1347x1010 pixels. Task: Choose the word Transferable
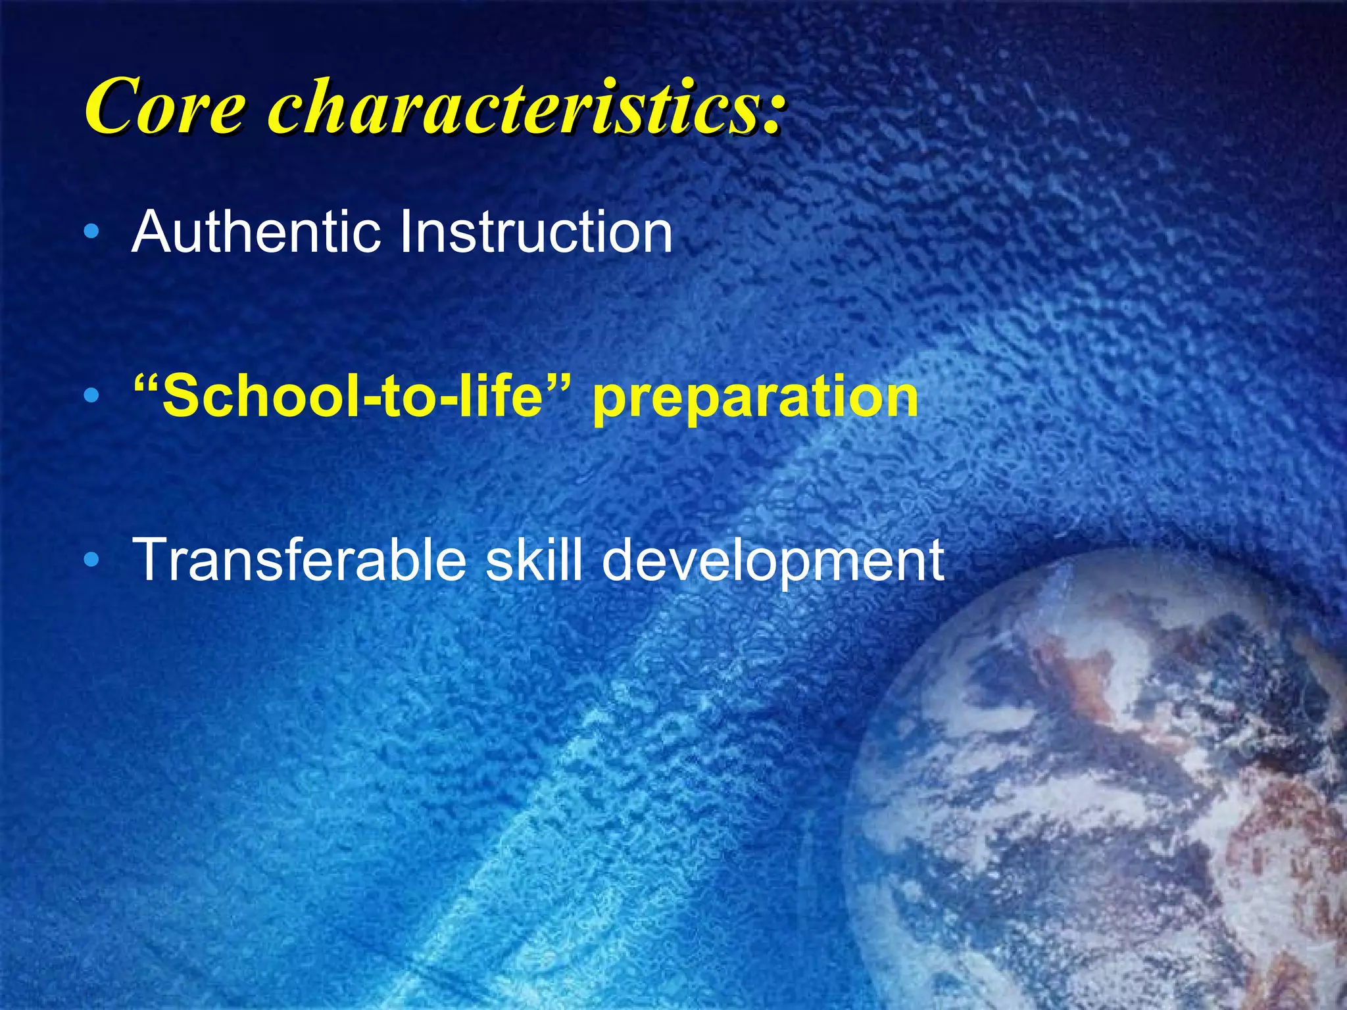pos(299,560)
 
